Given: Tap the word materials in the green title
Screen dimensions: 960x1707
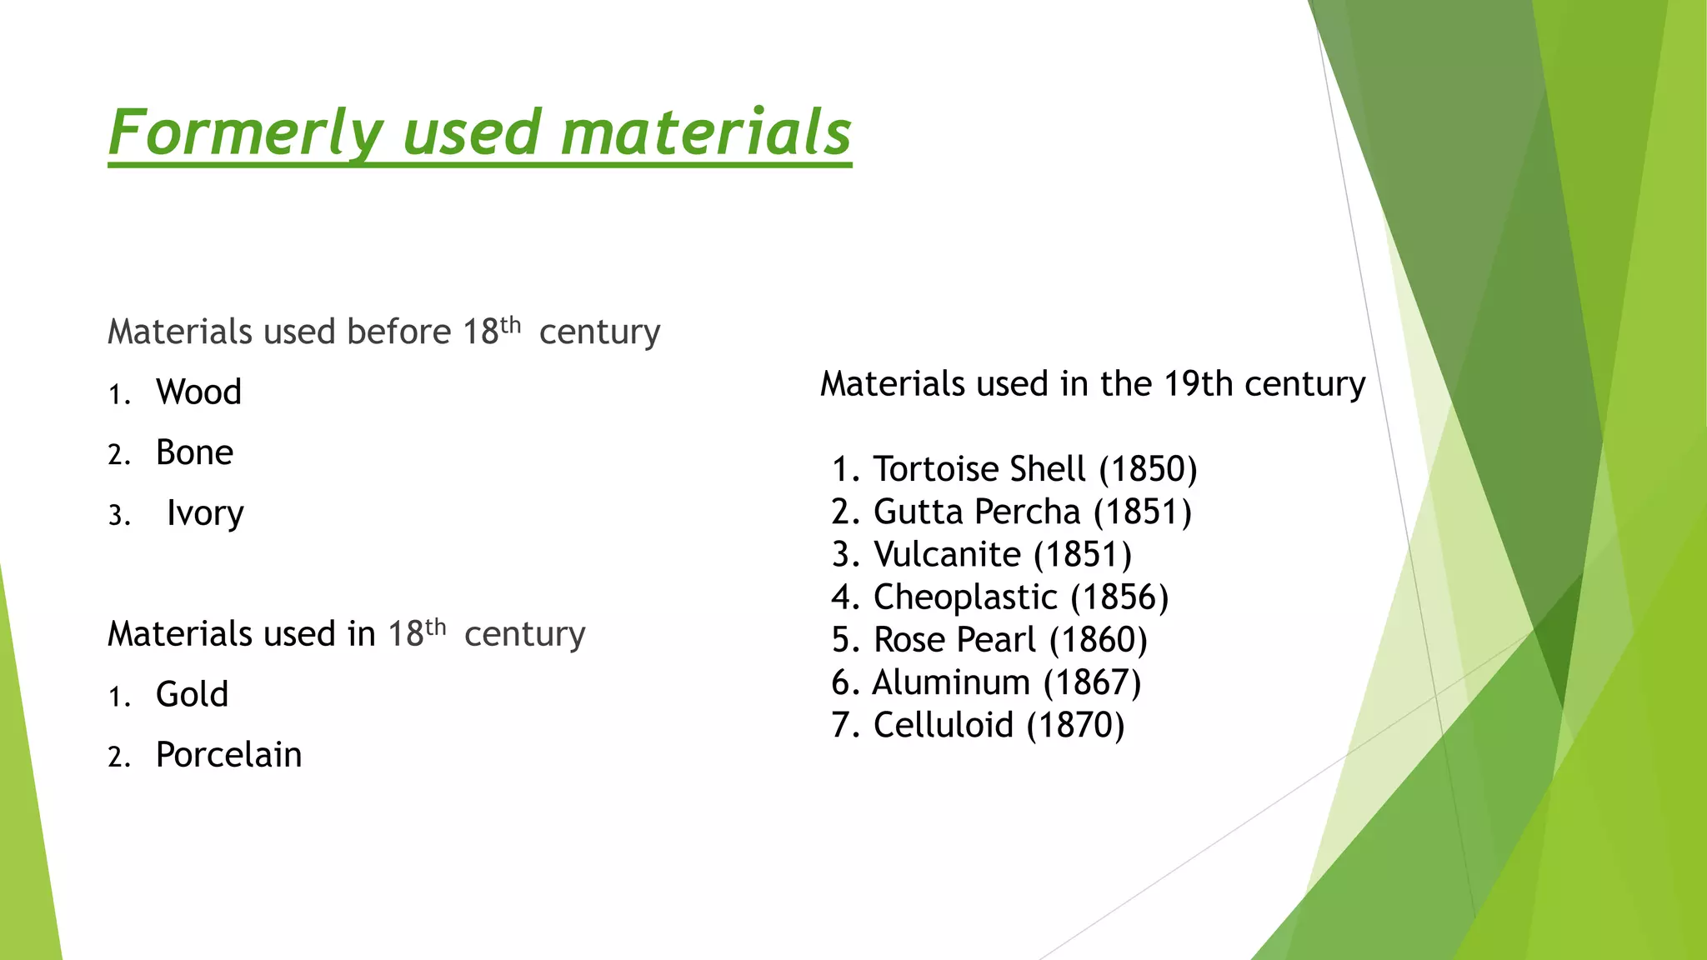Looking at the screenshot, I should click(x=705, y=133).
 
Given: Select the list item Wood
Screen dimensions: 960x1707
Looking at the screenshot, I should click(x=198, y=392).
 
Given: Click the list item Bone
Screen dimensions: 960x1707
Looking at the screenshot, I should click(x=194, y=453).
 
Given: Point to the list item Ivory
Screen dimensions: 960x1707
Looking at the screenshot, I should click(x=205, y=513).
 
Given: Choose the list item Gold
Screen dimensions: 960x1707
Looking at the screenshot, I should click(x=192, y=695).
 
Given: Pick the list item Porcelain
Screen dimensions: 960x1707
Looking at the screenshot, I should click(x=228, y=755).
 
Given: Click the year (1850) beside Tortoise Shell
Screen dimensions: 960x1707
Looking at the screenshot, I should click(x=1148, y=469).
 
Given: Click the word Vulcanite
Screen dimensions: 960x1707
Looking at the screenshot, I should click(x=947, y=554).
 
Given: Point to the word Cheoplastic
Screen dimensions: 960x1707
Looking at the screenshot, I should click(x=965, y=597).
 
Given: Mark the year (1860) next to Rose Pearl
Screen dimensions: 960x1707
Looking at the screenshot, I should click(x=1098, y=640).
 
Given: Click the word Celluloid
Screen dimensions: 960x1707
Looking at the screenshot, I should click(x=943, y=725).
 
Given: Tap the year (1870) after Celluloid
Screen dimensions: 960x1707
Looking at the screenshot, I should click(x=1075, y=725).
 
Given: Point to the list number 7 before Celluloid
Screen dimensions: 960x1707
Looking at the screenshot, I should click(x=841, y=725).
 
